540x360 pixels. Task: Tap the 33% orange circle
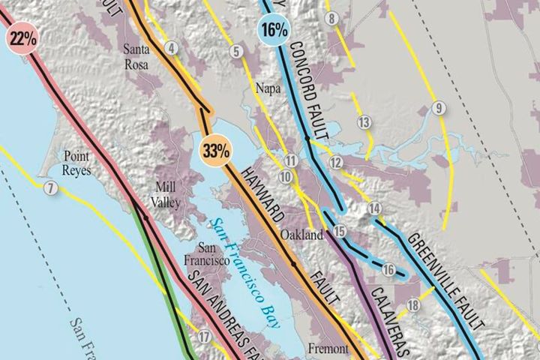(x=215, y=148)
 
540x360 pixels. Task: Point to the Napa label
(x=268, y=88)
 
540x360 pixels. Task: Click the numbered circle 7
(x=50, y=188)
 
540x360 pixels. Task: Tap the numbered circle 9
(x=439, y=108)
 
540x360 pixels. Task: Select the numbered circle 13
(x=364, y=122)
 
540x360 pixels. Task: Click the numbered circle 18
(x=413, y=304)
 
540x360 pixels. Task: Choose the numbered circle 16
(x=388, y=270)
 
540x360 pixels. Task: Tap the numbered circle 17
(x=205, y=337)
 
